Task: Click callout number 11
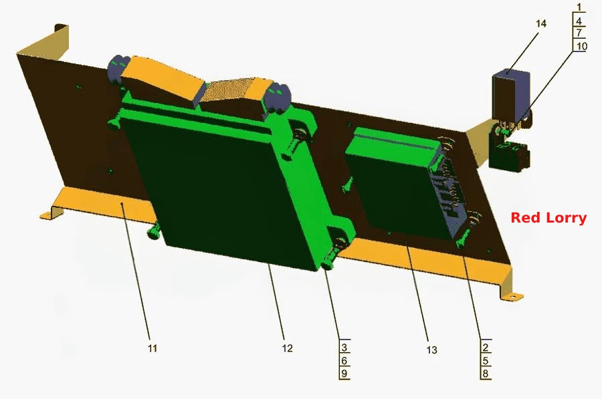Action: tap(153, 348)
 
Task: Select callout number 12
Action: tap(287, 348)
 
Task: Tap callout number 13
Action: tap(431, 350)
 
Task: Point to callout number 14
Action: tap(541, 24)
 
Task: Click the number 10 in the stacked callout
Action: tap(582, 46)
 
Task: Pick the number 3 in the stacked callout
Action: tap(344, 348)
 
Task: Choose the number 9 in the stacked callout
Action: tap(344, 373)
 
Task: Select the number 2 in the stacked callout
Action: tap(486, 348)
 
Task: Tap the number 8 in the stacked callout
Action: tap(486, 373)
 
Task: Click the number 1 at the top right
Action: tap(579, 7)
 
